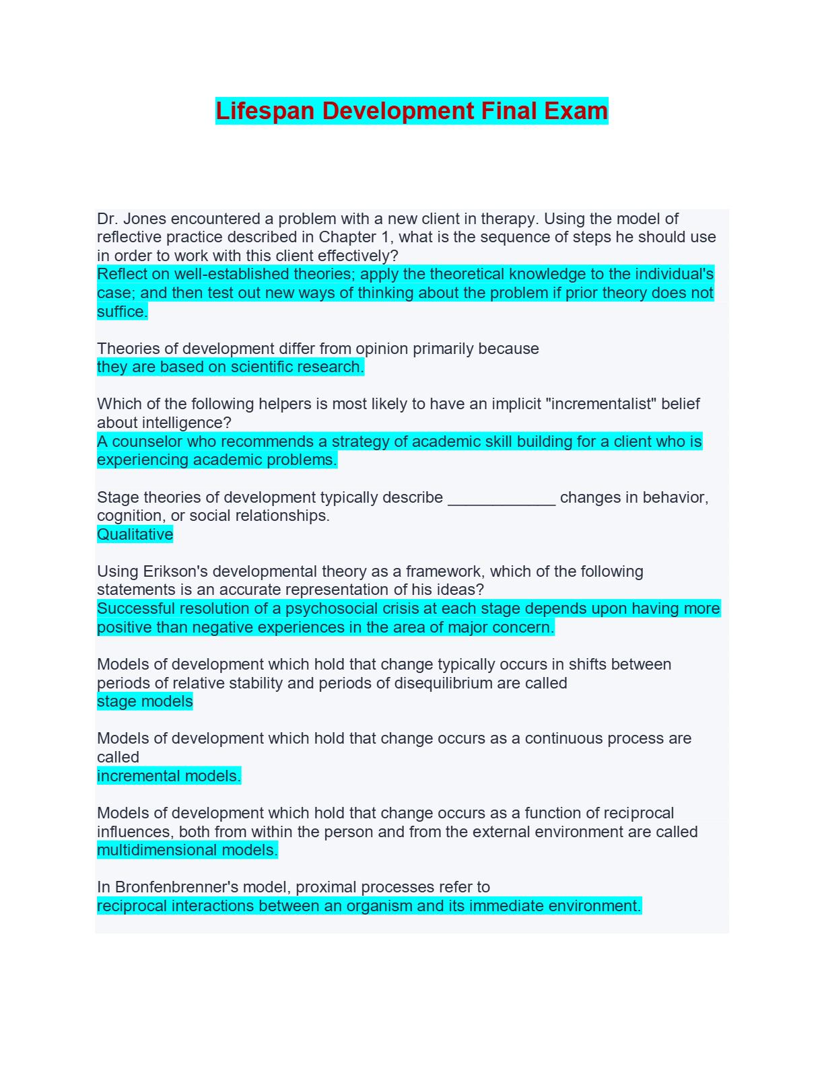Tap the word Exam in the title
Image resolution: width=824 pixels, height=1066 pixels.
[x=576, y=111]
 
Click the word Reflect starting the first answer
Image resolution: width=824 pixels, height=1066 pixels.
[x=123, y=275]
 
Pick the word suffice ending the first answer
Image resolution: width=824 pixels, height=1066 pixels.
[x=121, y=312]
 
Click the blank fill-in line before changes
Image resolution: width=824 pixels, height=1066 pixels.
[x=502, y=498]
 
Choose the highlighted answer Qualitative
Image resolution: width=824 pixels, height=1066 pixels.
[x=135, y=534]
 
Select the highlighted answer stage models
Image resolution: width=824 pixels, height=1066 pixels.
[x=145, y=701]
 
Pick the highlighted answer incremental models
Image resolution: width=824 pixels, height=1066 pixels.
[x=168, y=776]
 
